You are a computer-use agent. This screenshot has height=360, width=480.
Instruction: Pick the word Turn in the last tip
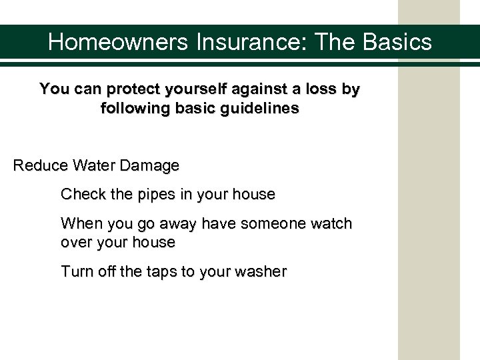74,271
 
